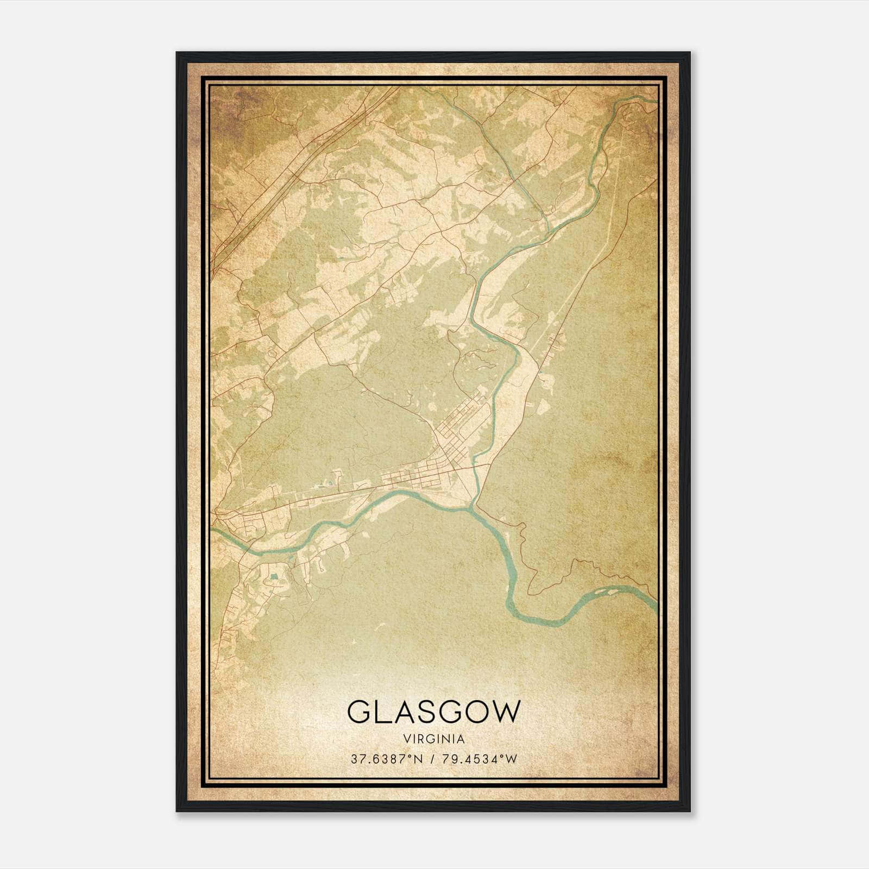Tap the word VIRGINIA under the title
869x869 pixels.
click(433, 739)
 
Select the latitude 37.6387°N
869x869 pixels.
click(385, 759)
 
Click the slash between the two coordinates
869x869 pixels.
click(433, 759)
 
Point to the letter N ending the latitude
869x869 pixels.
click(417, 759)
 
